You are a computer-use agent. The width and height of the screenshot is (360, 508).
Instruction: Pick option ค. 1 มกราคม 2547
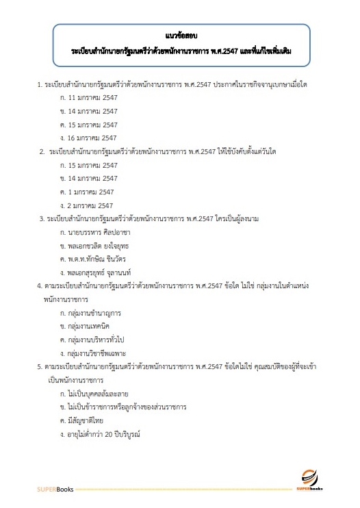click(86, 192)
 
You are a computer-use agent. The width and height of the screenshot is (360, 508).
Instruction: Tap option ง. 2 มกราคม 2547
click(86, 205)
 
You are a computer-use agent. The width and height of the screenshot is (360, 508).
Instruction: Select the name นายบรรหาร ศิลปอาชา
click(95, 232)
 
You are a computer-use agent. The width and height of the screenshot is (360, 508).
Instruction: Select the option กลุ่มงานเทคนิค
click(89, 325)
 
